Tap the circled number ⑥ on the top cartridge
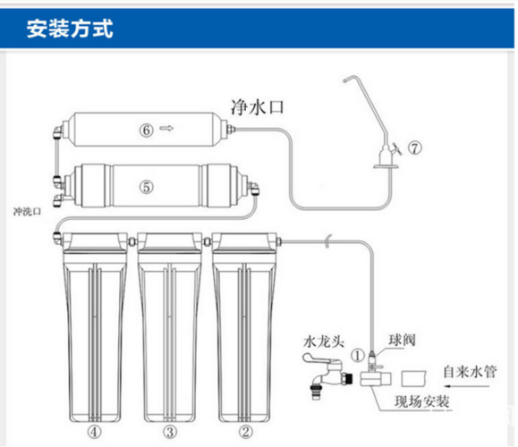145,128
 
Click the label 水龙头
323,341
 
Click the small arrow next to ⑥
166,128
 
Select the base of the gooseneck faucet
383,164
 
